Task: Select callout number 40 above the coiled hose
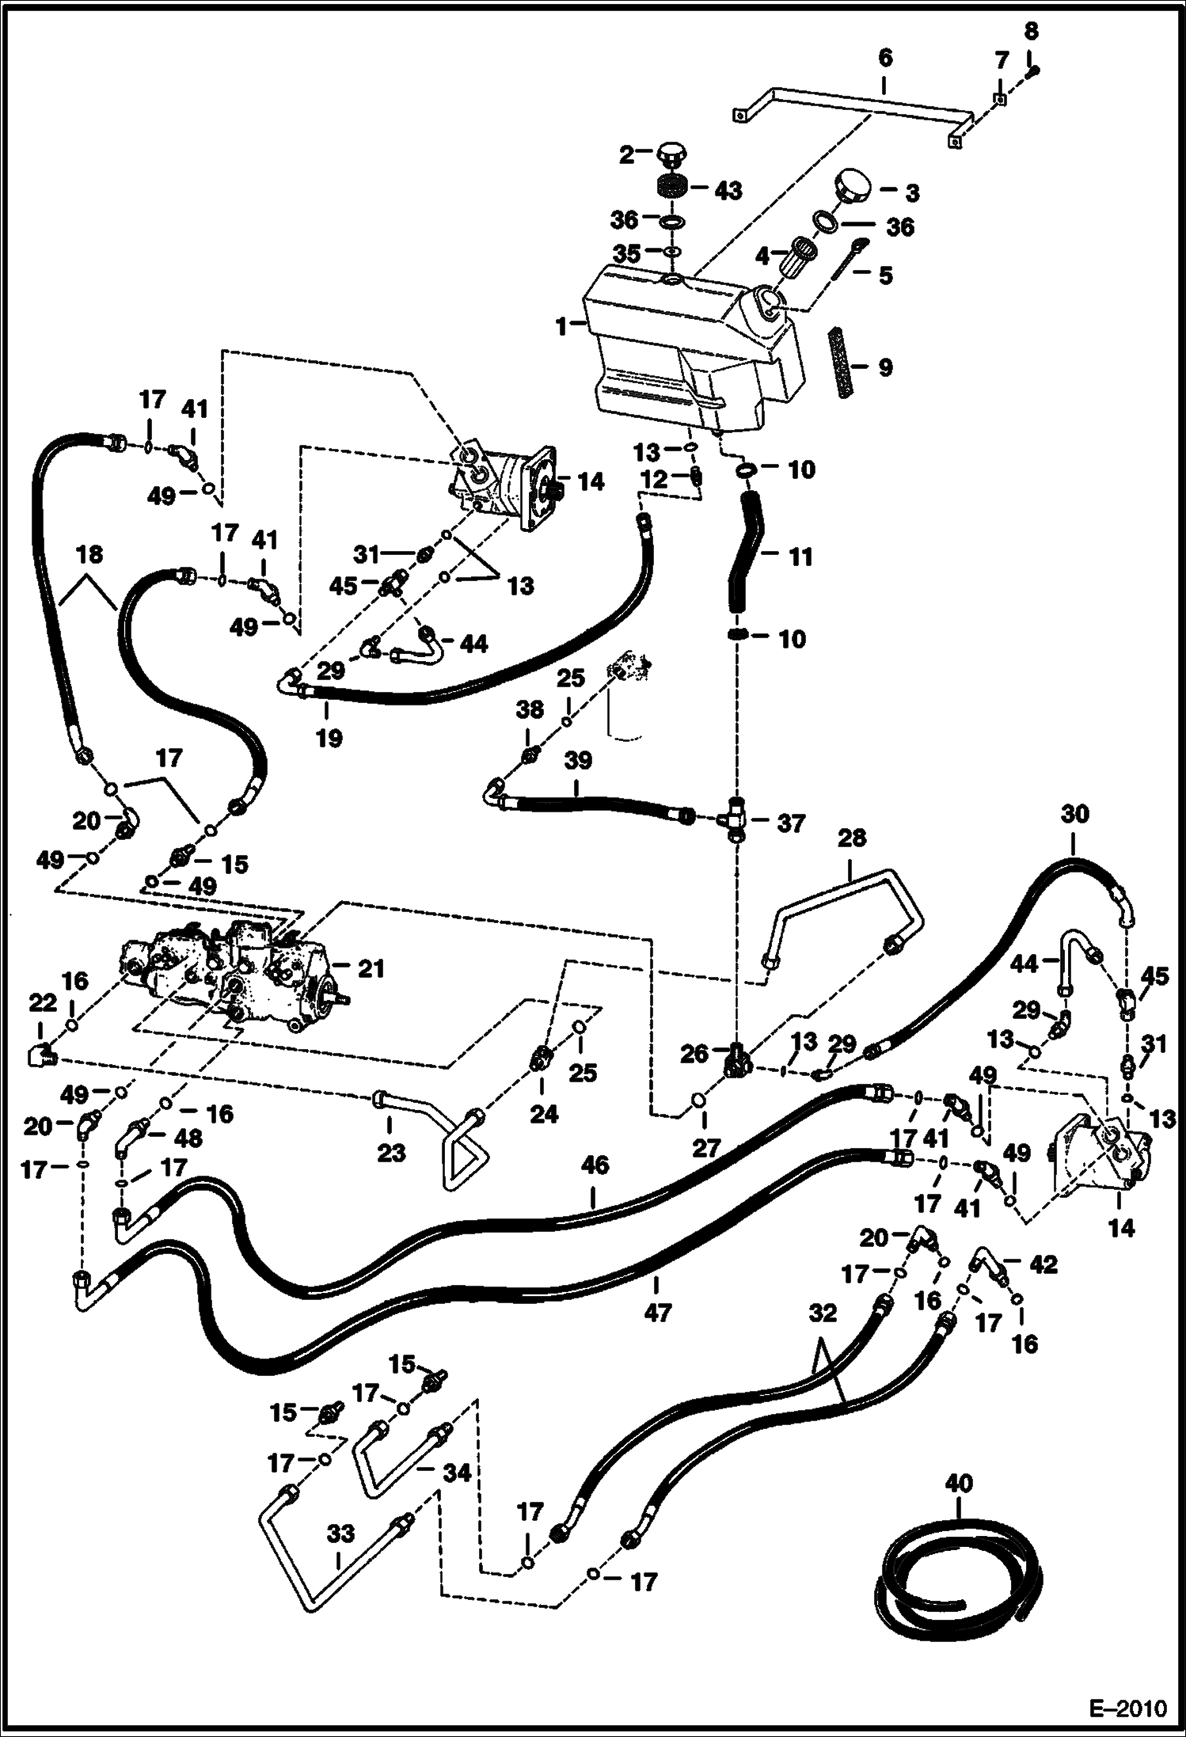[959, 1482]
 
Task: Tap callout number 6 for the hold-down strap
[884, 58]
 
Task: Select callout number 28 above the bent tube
[852, 838]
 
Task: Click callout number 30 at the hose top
[1075, 815]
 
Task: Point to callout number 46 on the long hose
[595, 1166]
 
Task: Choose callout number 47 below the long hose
[657, 1313]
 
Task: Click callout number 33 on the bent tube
[341, 1534]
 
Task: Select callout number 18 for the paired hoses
[89, 554]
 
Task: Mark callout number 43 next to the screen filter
[728, 191]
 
